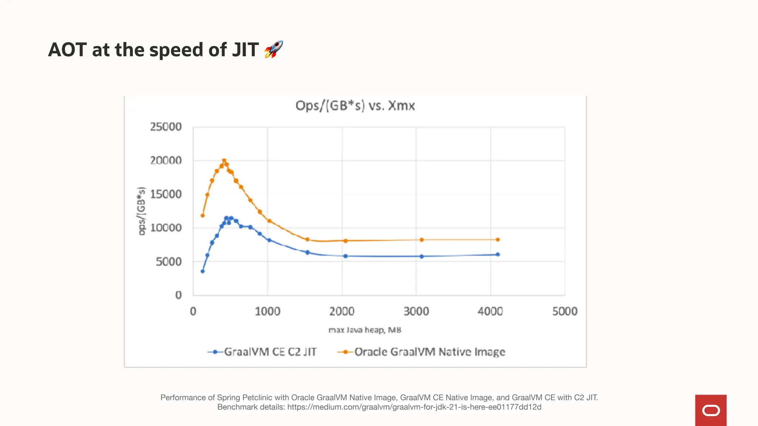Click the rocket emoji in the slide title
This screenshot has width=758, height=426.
274,50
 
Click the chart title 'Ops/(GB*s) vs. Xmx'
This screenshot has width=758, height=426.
355,106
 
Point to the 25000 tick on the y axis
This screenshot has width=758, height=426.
166,127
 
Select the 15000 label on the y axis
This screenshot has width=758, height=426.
166,194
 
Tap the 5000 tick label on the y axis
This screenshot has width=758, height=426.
168,262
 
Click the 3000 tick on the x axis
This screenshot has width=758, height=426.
416,311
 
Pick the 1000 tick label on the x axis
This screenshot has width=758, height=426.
267,311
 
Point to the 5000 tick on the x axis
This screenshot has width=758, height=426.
564,311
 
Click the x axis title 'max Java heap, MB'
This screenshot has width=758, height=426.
365,330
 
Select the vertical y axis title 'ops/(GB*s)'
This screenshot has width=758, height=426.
141,211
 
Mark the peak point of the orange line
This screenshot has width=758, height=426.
224,161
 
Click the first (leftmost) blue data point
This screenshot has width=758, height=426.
202,271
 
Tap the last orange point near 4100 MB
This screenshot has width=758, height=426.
498,240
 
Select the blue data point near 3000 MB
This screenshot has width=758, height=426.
422,256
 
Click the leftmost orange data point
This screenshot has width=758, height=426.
202,216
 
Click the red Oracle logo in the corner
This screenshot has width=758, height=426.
711,410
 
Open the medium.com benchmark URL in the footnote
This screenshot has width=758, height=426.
414,407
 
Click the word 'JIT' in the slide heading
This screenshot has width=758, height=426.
245,50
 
